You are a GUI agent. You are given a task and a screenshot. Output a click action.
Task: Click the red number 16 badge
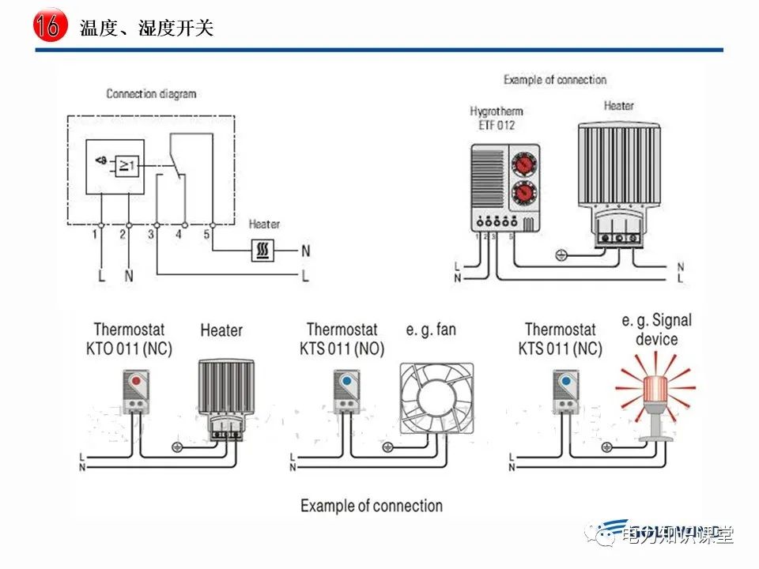47,26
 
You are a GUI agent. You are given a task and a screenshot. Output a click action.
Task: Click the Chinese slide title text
146,28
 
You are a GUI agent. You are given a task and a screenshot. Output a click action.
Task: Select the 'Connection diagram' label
151,93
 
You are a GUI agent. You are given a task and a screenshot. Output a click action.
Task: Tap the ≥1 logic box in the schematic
126,166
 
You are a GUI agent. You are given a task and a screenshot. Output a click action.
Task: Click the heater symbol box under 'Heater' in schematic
262,251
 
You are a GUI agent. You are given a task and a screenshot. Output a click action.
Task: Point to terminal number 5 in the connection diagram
206,235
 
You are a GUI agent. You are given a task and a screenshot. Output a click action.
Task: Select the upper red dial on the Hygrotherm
523,164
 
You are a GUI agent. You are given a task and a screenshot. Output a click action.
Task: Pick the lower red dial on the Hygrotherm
523,192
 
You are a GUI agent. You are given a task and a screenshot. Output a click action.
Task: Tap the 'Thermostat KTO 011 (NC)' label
133,339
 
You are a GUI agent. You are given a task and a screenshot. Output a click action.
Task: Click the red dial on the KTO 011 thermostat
137,381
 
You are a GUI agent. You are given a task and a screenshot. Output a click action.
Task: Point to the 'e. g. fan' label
431,330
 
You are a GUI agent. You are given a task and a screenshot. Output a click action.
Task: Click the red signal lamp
655,391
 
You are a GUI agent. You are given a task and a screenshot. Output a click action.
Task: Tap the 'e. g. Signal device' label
656,330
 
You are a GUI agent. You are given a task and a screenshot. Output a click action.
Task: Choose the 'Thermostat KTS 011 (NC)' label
560,339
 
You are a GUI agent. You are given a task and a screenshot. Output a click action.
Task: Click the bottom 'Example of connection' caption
371,506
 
